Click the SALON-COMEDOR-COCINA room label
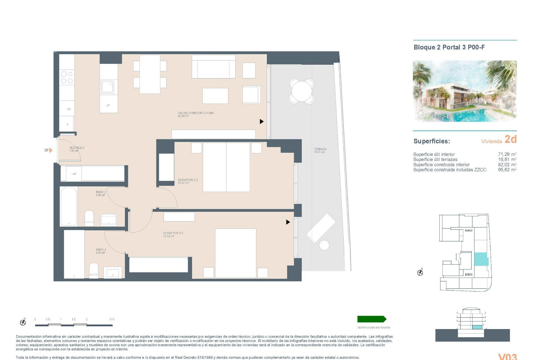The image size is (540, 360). point(196,113)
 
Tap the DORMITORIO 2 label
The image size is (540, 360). point(188,180)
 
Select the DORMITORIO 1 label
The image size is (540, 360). point(173,233)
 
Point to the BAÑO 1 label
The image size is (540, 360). point(101,250)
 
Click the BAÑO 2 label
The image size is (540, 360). point(101,192)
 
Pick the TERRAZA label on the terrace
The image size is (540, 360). point(320,149)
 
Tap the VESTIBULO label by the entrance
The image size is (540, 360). point(76,148)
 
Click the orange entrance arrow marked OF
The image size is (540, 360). point(51,150)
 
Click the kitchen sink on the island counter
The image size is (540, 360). point(107,87)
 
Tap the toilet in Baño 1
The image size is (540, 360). point(94,270)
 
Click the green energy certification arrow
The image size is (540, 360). point(372,319)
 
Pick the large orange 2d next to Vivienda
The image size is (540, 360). point(510,139)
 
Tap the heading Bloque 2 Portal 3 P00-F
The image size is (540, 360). point(449,47)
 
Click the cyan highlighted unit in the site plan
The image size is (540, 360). point(481,259)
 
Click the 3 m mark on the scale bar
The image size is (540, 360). point(112,319)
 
